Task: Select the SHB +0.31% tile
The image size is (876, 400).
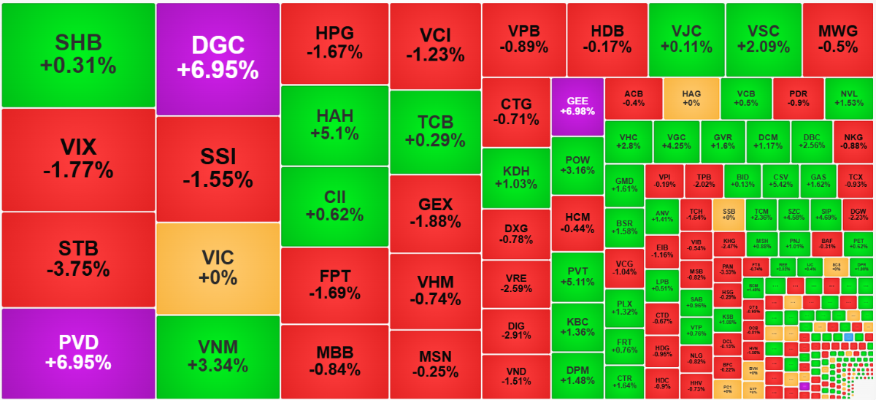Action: coord(78,55)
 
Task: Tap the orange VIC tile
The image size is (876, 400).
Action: coord(218,267)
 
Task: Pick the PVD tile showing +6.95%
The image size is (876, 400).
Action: coord(78,353)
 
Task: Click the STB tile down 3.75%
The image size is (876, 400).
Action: coord(78,259)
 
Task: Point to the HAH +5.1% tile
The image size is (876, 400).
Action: coord(334,125)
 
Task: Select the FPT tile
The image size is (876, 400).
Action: coord(334,285)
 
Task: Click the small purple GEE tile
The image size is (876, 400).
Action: coord(577,106)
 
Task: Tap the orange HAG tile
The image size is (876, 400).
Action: coord(691,98)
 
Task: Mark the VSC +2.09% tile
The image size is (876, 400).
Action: coord(763,39)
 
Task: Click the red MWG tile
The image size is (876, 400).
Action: coord(837,39)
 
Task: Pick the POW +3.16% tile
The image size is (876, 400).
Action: coord(577,165)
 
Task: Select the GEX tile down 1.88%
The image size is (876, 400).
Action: coord(435,212)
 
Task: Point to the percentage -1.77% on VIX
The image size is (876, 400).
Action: coord(78,171)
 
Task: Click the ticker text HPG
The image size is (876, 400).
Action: coord(334,34)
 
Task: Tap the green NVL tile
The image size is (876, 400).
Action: coord(848,98)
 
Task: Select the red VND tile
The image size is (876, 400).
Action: coord(515,376)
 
